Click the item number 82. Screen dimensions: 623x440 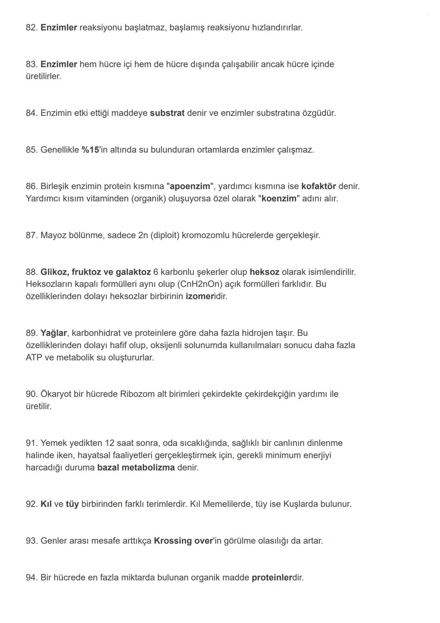[x=31, y=28]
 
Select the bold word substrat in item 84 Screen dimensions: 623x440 [x=167, y=113]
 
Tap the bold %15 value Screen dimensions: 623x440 [x=90, y=150]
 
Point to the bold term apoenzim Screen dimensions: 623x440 [x=190, y=186]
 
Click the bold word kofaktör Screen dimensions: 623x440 [x=319, y=186]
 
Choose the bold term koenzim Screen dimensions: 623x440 [x=279, y=199]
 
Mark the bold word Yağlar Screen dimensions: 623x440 [x=53, y=333]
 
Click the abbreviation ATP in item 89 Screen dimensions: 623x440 [x=33, y=358]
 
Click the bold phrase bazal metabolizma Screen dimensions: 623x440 [x=136, y=468]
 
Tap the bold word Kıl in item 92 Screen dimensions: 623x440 [x=46, y=504]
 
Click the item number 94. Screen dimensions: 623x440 [x=31, y=577]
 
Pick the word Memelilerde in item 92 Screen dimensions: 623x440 [x=227, y=504]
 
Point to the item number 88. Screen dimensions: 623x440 [x=31, y=272]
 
